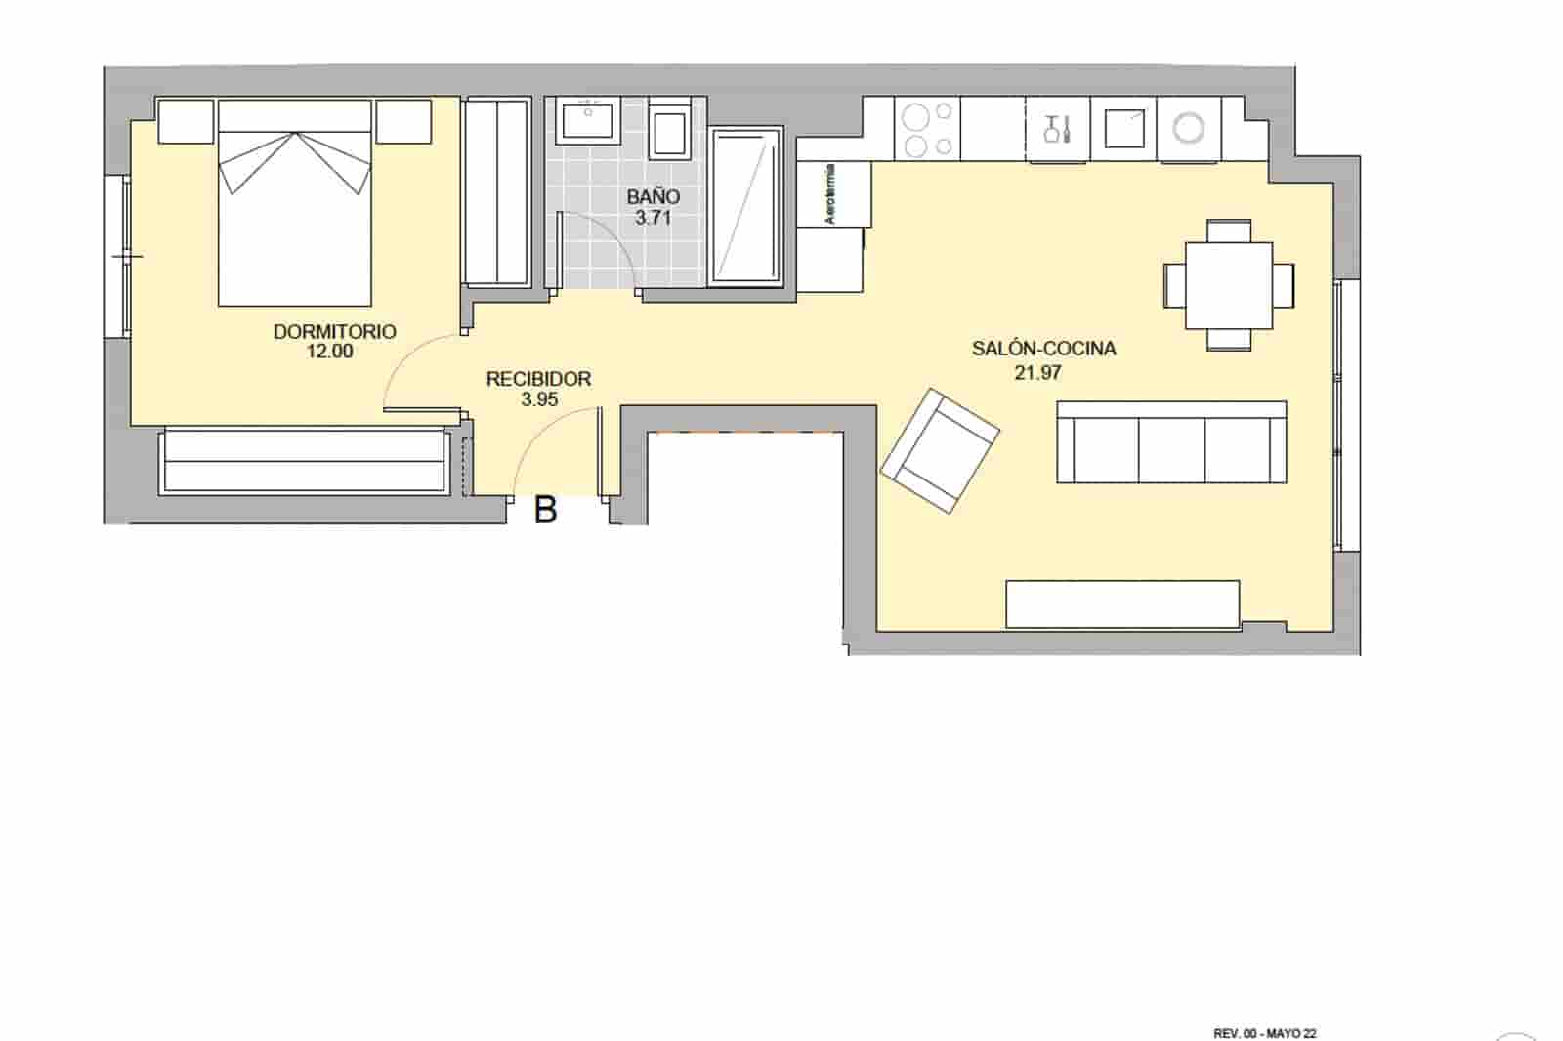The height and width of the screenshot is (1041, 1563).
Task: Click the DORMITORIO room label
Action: coord(334,332)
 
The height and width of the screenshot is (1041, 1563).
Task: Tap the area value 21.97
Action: coord(1037,372)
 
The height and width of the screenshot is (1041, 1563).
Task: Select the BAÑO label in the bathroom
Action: coord(654,197)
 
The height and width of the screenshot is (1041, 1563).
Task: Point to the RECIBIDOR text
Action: coord(538,379)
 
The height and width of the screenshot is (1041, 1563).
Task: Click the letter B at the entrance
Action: coord(545,510)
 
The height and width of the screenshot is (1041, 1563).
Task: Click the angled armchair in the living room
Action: coord(940,450)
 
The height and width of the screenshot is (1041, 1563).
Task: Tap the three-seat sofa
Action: coord(1171,442)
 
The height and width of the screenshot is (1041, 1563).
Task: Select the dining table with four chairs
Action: coord(1229,285)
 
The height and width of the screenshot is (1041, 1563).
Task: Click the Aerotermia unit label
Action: coord(831,193)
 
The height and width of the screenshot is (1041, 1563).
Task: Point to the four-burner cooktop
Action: coord(927,130)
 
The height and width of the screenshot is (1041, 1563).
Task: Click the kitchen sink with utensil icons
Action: coord(1058,129)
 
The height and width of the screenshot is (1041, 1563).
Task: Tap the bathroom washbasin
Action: coord(587,120)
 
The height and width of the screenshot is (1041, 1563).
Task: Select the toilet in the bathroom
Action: coord(669,132)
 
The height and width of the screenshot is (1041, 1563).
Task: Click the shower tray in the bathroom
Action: coord(747,206)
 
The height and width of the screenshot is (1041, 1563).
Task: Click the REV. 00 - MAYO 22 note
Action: coord(1264,1033)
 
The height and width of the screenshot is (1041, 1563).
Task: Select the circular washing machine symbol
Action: coord(1189,128)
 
